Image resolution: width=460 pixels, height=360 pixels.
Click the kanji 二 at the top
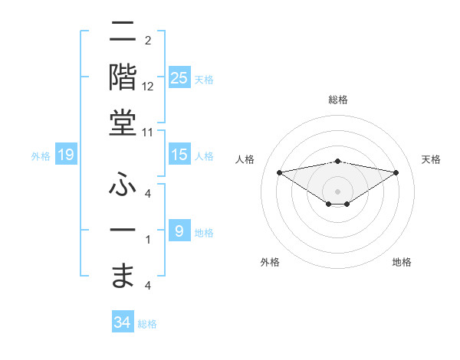(123, 33)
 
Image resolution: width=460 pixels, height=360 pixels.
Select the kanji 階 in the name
(123, 78)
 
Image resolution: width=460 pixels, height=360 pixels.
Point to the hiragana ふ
(123, 184)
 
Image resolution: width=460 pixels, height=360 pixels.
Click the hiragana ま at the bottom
(123, 273)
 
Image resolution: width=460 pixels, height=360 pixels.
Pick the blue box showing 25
(179, 77)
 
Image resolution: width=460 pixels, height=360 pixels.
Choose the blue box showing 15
(179, 155)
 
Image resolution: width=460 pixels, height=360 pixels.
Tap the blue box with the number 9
(179, 231)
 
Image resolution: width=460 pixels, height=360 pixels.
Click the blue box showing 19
(65, 155)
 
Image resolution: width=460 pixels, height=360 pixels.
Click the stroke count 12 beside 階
(148, 86)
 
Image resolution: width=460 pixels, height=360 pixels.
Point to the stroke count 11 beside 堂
(148, 132)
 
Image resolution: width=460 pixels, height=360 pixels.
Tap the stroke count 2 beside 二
(148, 40)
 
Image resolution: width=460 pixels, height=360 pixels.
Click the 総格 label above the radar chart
(337, 100)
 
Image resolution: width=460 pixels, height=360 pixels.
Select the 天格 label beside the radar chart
(432, 159)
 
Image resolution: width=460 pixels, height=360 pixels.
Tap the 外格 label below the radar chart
(270, 262)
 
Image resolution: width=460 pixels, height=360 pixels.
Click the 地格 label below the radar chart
(402, 262)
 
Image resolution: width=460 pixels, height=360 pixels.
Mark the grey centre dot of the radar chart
(337, 191)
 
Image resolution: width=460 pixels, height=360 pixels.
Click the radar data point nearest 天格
(396, 172)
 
